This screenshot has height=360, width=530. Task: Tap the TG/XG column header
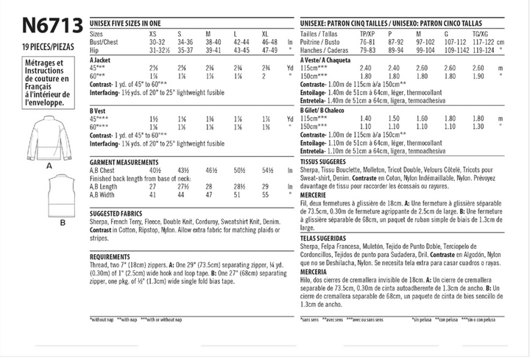481,34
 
